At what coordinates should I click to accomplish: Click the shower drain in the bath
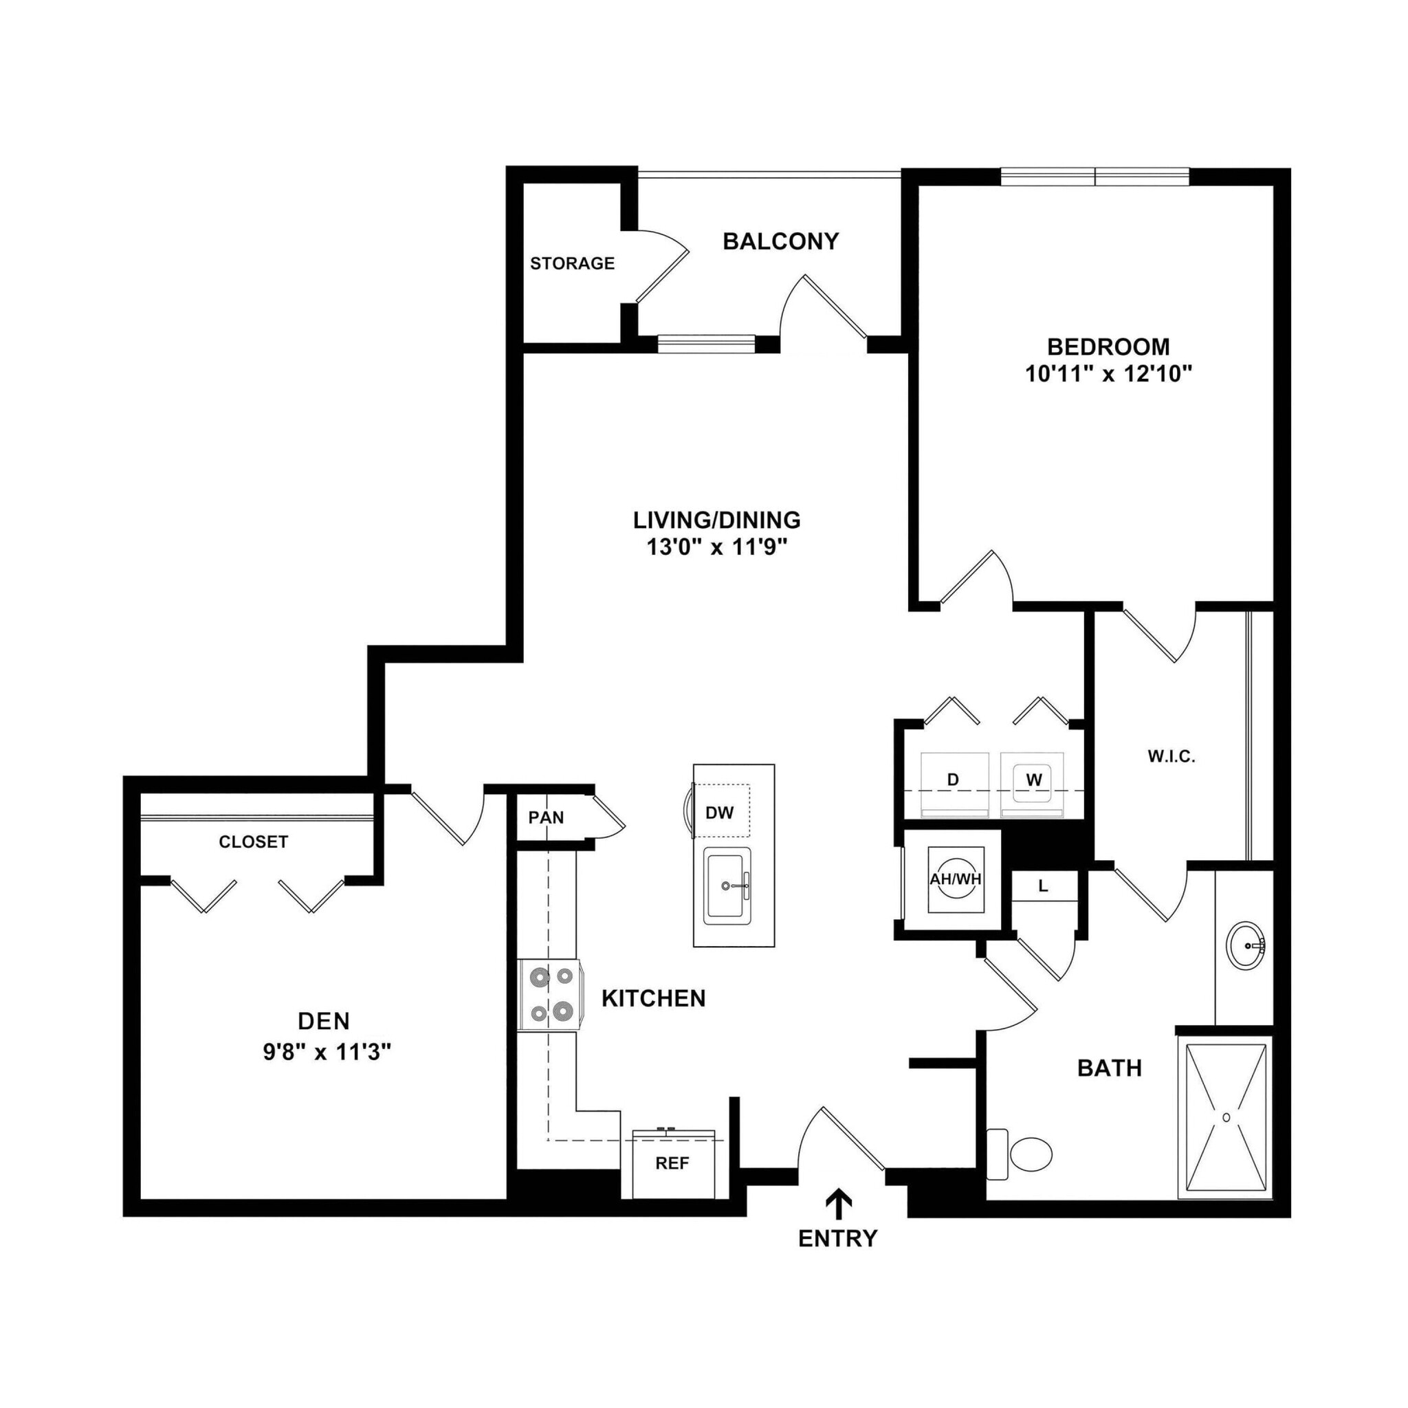(x=1226, y=1117)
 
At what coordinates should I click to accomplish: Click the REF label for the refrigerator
(x=671, y=1163)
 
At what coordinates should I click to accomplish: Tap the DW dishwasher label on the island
(x=719, y=813)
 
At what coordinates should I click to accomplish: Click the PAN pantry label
(x=546, y=817)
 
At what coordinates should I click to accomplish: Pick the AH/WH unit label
(x=956, y=879)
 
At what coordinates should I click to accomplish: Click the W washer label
(x=1033, y=780)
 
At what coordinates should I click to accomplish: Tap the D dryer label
(x=952, y=780)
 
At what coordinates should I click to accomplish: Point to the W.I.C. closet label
(x=1171, y=756)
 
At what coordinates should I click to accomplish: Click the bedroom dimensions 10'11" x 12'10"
(x=1108, y=375)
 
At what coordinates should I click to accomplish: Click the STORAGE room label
(x=572, y=263)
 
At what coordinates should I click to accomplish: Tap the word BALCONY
(x=780, y=241)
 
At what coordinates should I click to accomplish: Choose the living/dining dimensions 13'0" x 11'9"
(x=716, y=547)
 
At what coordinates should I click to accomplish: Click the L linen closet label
(x=1043, y=886)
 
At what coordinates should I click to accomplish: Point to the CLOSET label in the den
(x=254, y=841)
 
